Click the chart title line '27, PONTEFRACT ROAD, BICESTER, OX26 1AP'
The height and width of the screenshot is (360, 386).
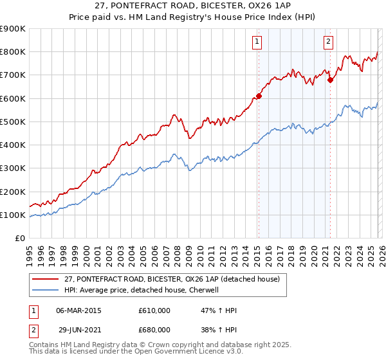[x=193, y=7]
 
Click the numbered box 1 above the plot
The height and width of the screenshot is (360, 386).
[x=257, y=42]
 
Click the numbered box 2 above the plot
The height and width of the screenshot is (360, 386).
[x=328, y=42]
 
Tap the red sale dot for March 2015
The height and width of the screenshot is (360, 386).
[x=259, y=96]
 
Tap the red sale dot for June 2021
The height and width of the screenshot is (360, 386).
[x=331, y=80]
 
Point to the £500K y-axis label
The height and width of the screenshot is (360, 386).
[x=13, y=122]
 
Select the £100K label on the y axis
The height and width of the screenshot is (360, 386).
[x=13, y=215]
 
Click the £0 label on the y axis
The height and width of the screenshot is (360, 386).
[x=19, y=239]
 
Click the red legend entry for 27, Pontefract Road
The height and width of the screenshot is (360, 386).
[x=172, y=280]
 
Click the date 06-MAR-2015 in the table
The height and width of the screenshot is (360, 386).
[x=78, y=310]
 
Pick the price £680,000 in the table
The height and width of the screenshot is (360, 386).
[x=154, y=330]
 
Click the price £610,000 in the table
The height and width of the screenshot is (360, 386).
[x=154, y=310]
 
